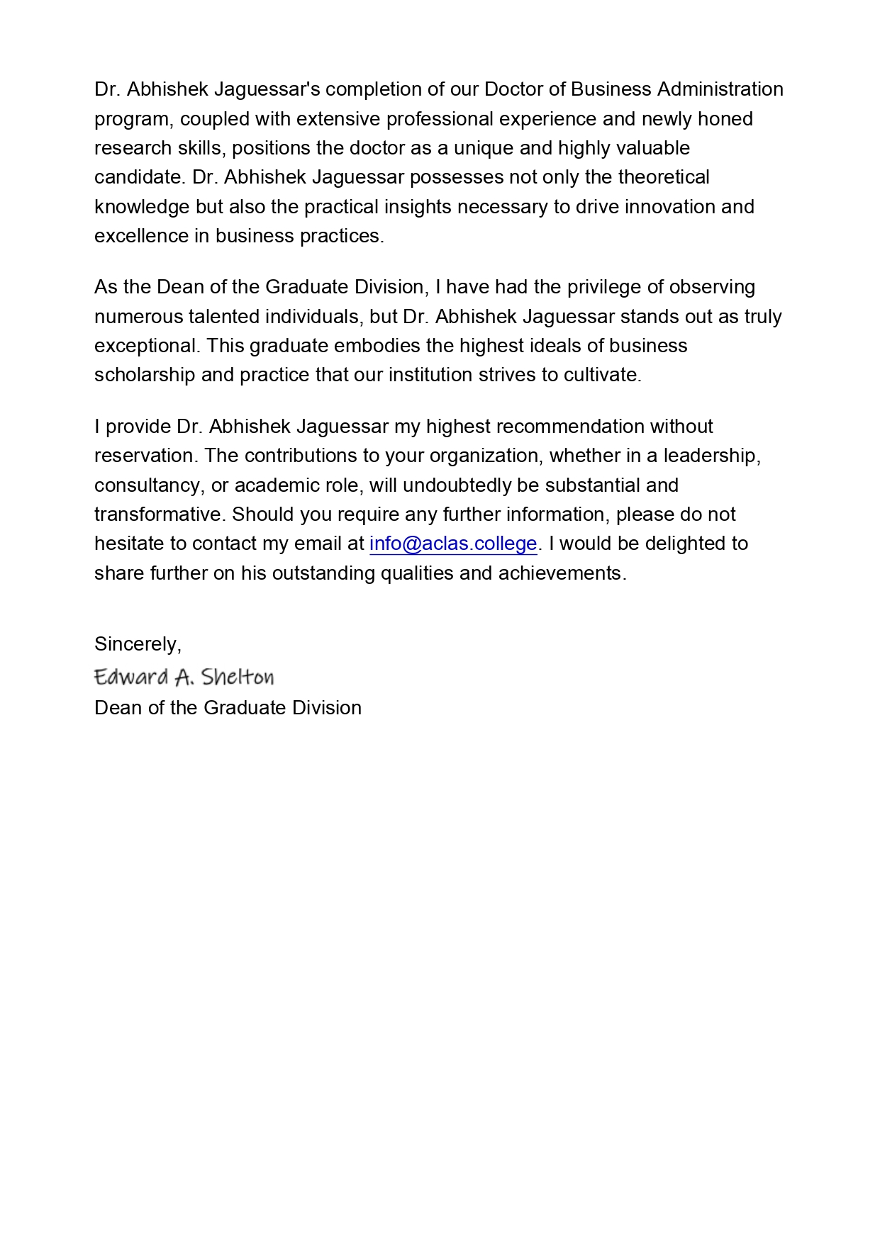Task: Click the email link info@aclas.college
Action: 453,544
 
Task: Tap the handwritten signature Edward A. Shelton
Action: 184,677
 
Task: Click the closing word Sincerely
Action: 138,643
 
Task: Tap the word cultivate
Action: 602,375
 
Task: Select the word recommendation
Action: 569,427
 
